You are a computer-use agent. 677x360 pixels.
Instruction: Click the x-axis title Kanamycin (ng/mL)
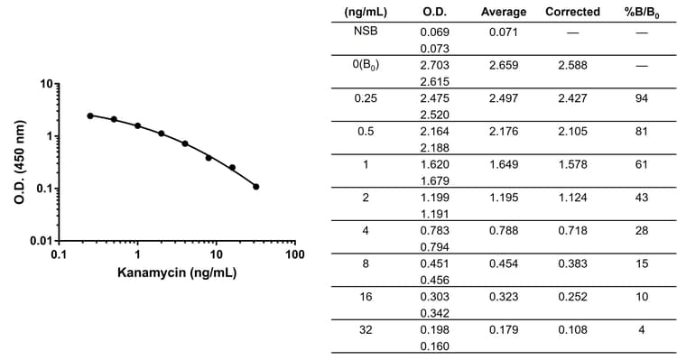[x=177, y=272]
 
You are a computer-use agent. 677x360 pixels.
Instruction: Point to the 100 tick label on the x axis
[x=294, y=255]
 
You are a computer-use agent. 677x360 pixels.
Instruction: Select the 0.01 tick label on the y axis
[x=40, y=241]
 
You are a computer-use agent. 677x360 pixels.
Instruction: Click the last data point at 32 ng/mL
[x=256, y=187]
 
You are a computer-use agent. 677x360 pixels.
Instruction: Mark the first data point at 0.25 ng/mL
[x=90, y=115]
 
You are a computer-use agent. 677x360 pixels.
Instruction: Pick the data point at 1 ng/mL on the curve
[x=138, y=125]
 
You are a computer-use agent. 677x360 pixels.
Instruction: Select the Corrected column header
[x=572, y=12]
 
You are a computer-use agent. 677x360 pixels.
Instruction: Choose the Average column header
[x=504, y=12]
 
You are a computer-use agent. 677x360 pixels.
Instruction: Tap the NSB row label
[x=366, y=31]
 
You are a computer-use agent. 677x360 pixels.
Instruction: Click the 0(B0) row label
[x=366, y=64]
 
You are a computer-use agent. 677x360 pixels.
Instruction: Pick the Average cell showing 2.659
[x=504, y=64]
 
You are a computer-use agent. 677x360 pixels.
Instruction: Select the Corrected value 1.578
[x=572, y=165]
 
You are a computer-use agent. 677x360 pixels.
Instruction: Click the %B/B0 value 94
[x=641, y=97]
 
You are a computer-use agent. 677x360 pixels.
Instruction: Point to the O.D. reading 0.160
[x=435, y=344]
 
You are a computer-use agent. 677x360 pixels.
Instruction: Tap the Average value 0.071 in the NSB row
[x=504, y=31]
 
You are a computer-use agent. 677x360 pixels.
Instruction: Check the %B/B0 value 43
[x=641, y=198]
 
